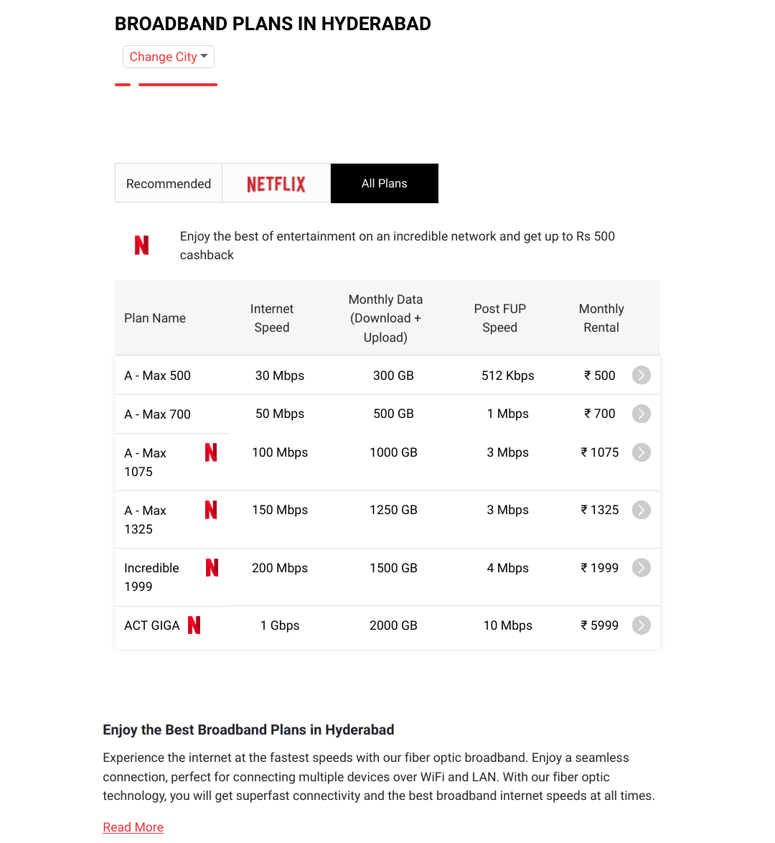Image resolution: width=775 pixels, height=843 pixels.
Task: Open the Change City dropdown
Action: tap(169, 57)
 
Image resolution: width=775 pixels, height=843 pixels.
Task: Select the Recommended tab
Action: tap(169, 184)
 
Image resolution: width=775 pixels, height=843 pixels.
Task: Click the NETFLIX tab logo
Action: tap(276, 184)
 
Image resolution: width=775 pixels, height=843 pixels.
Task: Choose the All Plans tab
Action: tap(385, 184)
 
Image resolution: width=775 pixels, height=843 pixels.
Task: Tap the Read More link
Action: tap(133, 827)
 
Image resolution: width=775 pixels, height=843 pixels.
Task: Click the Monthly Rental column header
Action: tap(601, 318)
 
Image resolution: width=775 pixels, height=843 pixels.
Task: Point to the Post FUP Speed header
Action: tap(500, 318)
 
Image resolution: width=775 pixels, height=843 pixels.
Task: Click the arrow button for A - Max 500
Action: tap(642, 376)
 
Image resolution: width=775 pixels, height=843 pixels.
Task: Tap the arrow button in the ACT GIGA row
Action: tap(642, 625)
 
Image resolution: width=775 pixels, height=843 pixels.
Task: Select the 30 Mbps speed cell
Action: tap(280, 376)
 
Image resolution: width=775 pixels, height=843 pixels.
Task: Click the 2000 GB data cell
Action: tap(393, 625)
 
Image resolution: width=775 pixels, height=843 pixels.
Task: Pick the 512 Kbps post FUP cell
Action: tap(508, 376)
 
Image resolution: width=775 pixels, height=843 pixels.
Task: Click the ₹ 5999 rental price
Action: tap(600, 625)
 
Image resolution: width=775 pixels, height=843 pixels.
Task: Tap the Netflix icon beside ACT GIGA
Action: tap(194, 625)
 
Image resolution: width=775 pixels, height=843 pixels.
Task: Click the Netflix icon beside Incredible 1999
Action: tap(212, 568)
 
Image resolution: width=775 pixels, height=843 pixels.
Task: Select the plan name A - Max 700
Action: tap(158, 414)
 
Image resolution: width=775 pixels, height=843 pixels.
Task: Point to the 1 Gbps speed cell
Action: tap(280, 625)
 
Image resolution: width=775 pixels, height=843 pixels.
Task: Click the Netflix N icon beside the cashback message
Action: tap(142, 246)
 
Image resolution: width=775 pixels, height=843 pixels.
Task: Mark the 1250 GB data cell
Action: tap(393, 510)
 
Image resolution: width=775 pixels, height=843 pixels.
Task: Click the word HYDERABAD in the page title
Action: tap(376, 24)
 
